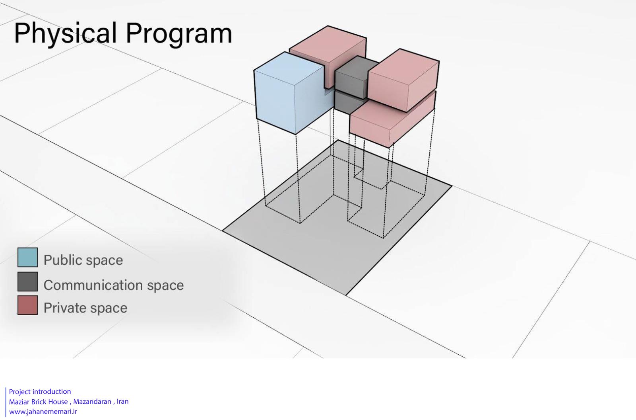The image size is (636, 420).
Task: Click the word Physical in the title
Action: pyautogui.click(x=65, y=33)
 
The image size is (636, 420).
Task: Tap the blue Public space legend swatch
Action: pyautogui.click(x=27, y=257)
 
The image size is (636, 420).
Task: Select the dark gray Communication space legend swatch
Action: pyautogui.click(x=27, y=281)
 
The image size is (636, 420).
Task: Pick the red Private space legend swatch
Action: pyautogui.click(x=27, y=305)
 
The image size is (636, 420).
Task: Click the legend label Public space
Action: pyautogui.click(x=83, y=260)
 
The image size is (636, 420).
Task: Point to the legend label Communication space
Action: pyautogui.click(x=114, y=285)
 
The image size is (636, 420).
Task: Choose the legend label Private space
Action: pyautogui.click(x=85, y=308)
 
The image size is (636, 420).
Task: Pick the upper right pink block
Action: pyautogui.click(x=403, y=80)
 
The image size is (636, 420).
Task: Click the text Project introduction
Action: pyautogui.click(x=40, y=392)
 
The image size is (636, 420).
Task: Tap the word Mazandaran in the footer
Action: pyautogui.click(x=92, y=402)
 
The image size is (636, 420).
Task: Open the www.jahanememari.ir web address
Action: pyautogui.click(x=43, y=412)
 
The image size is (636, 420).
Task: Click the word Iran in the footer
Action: pyautogui.click(x=123, y=402)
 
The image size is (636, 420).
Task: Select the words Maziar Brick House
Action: pyautogui.click(x=38, y=402)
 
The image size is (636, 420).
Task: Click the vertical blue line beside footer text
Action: pyautogui.click(x=6, y=402)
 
